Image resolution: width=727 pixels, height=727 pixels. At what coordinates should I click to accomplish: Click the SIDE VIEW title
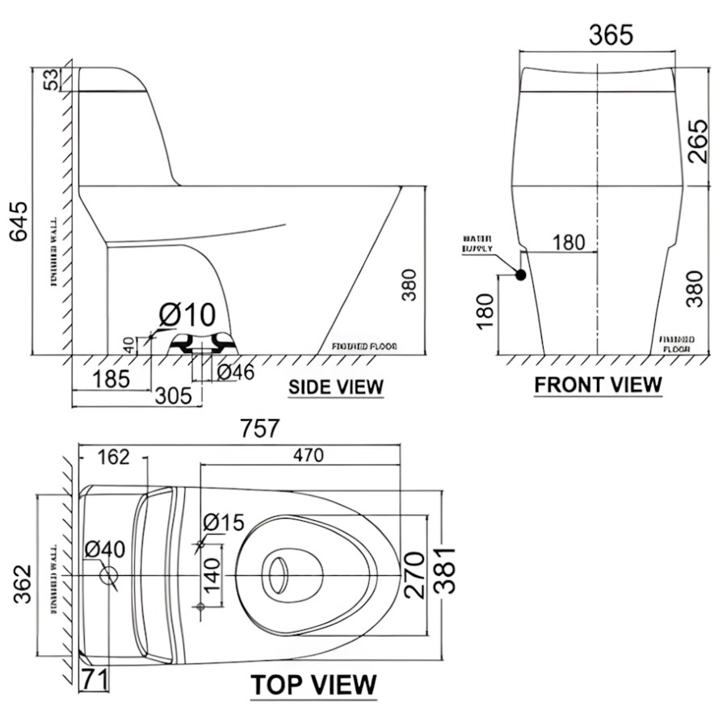pos(336,387)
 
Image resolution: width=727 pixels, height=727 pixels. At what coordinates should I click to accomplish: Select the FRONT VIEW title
pos(598,385)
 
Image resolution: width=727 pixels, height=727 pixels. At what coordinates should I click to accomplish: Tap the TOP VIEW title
pos(313,685)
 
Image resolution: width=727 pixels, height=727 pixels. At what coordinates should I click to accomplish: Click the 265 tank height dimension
pos(697,141)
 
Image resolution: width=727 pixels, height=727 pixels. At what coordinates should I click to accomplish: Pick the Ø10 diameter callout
pos(187,314)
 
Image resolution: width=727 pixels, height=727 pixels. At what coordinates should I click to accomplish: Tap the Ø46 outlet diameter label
pos(235,372)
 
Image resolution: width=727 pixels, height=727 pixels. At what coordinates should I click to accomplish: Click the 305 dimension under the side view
pos(175,395)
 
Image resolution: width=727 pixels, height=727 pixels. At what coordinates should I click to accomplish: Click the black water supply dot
pos(520,275)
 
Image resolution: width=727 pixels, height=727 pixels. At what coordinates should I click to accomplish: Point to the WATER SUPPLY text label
pos(477,244)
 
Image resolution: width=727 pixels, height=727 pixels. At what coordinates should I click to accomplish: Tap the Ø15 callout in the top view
pos(223,523)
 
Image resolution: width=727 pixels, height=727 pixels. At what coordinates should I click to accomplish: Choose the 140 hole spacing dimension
pos(211,575)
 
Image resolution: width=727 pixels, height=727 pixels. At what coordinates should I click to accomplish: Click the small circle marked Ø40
pos(108,575)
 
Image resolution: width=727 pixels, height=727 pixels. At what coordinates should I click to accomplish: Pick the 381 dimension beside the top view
pos(445,570)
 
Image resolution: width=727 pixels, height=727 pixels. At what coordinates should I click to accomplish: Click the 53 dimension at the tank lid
pos(50,79)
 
